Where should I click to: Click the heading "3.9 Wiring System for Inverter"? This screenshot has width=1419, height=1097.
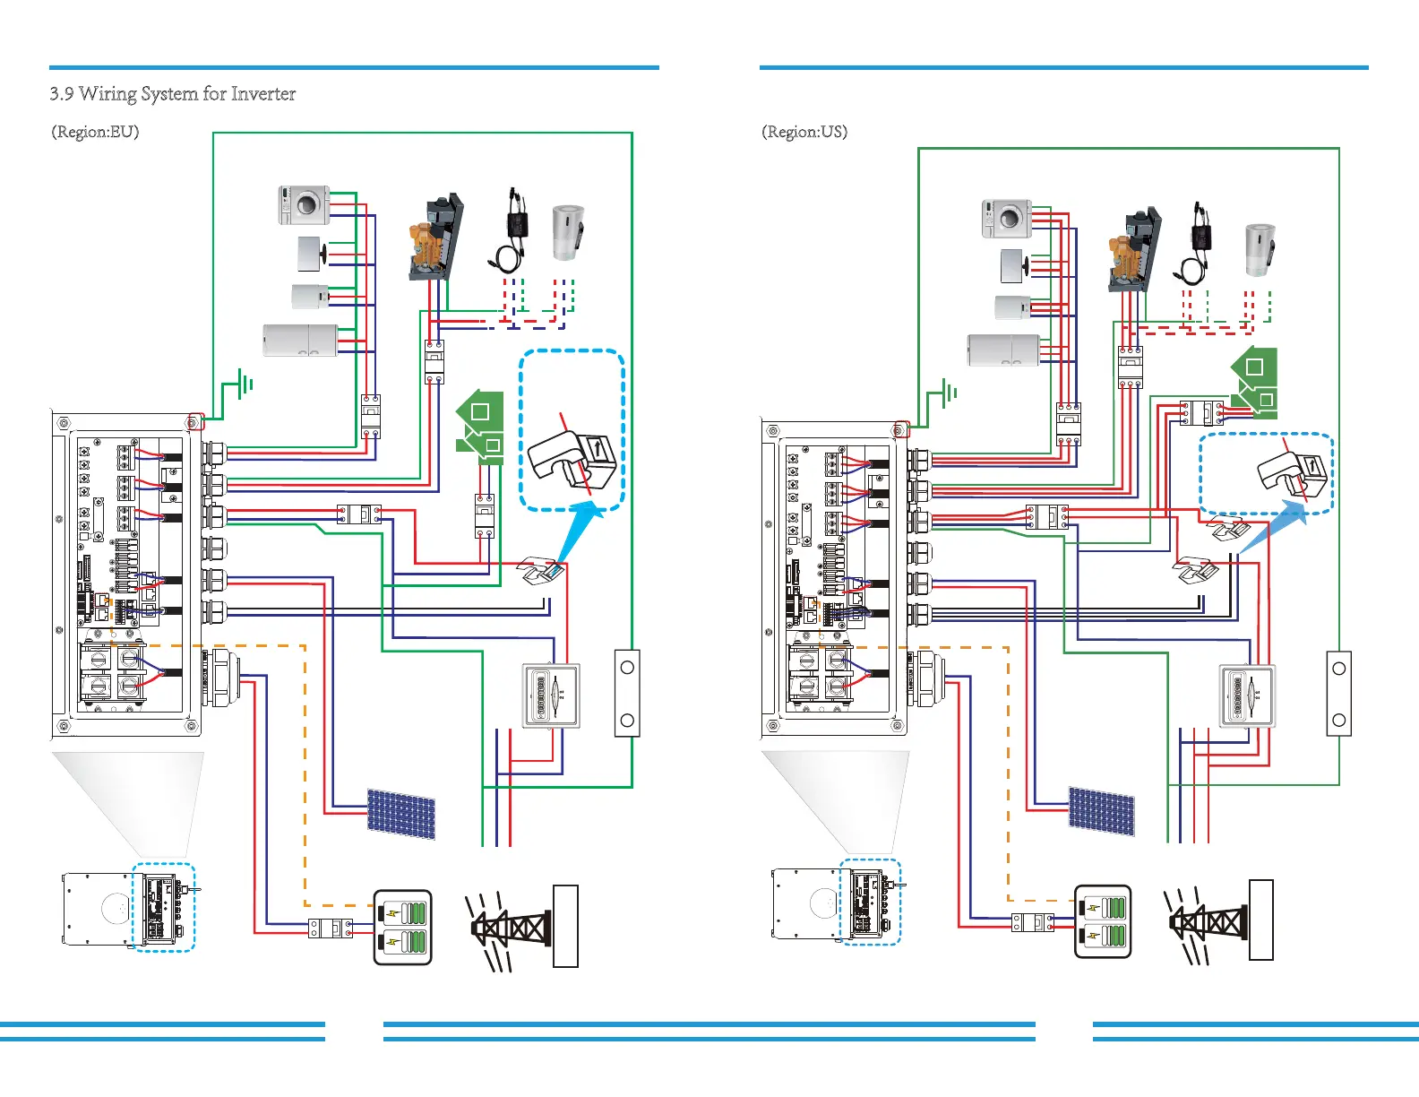[x=173, y=94]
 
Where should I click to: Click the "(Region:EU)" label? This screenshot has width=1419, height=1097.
[x=95, y=132]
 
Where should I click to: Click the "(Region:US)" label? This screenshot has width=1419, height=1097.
[x=804, y=132]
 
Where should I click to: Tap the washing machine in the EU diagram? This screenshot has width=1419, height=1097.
[x=304, y=205]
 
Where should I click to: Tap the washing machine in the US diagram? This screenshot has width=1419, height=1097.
[x=1007, y=218]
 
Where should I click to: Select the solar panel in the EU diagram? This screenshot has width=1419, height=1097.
[x=400, y=814]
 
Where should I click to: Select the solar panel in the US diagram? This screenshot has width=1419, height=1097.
[x=1101, y=811]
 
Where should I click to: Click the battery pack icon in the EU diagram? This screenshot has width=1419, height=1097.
[x=402, y=927]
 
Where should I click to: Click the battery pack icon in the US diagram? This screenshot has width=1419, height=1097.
[x=1103, y=921]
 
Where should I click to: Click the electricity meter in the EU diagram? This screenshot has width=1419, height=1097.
[x=551, y=695]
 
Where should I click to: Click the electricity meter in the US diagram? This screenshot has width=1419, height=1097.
[x=1247, y=695]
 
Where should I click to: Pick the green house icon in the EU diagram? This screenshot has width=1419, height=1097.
[x=481, y=426]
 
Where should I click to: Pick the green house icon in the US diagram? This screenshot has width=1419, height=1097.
[x=1254, y=381]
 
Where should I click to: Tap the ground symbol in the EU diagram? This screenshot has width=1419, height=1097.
[x=243, y=384]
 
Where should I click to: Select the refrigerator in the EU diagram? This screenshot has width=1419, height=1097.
[x=300, y=341]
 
